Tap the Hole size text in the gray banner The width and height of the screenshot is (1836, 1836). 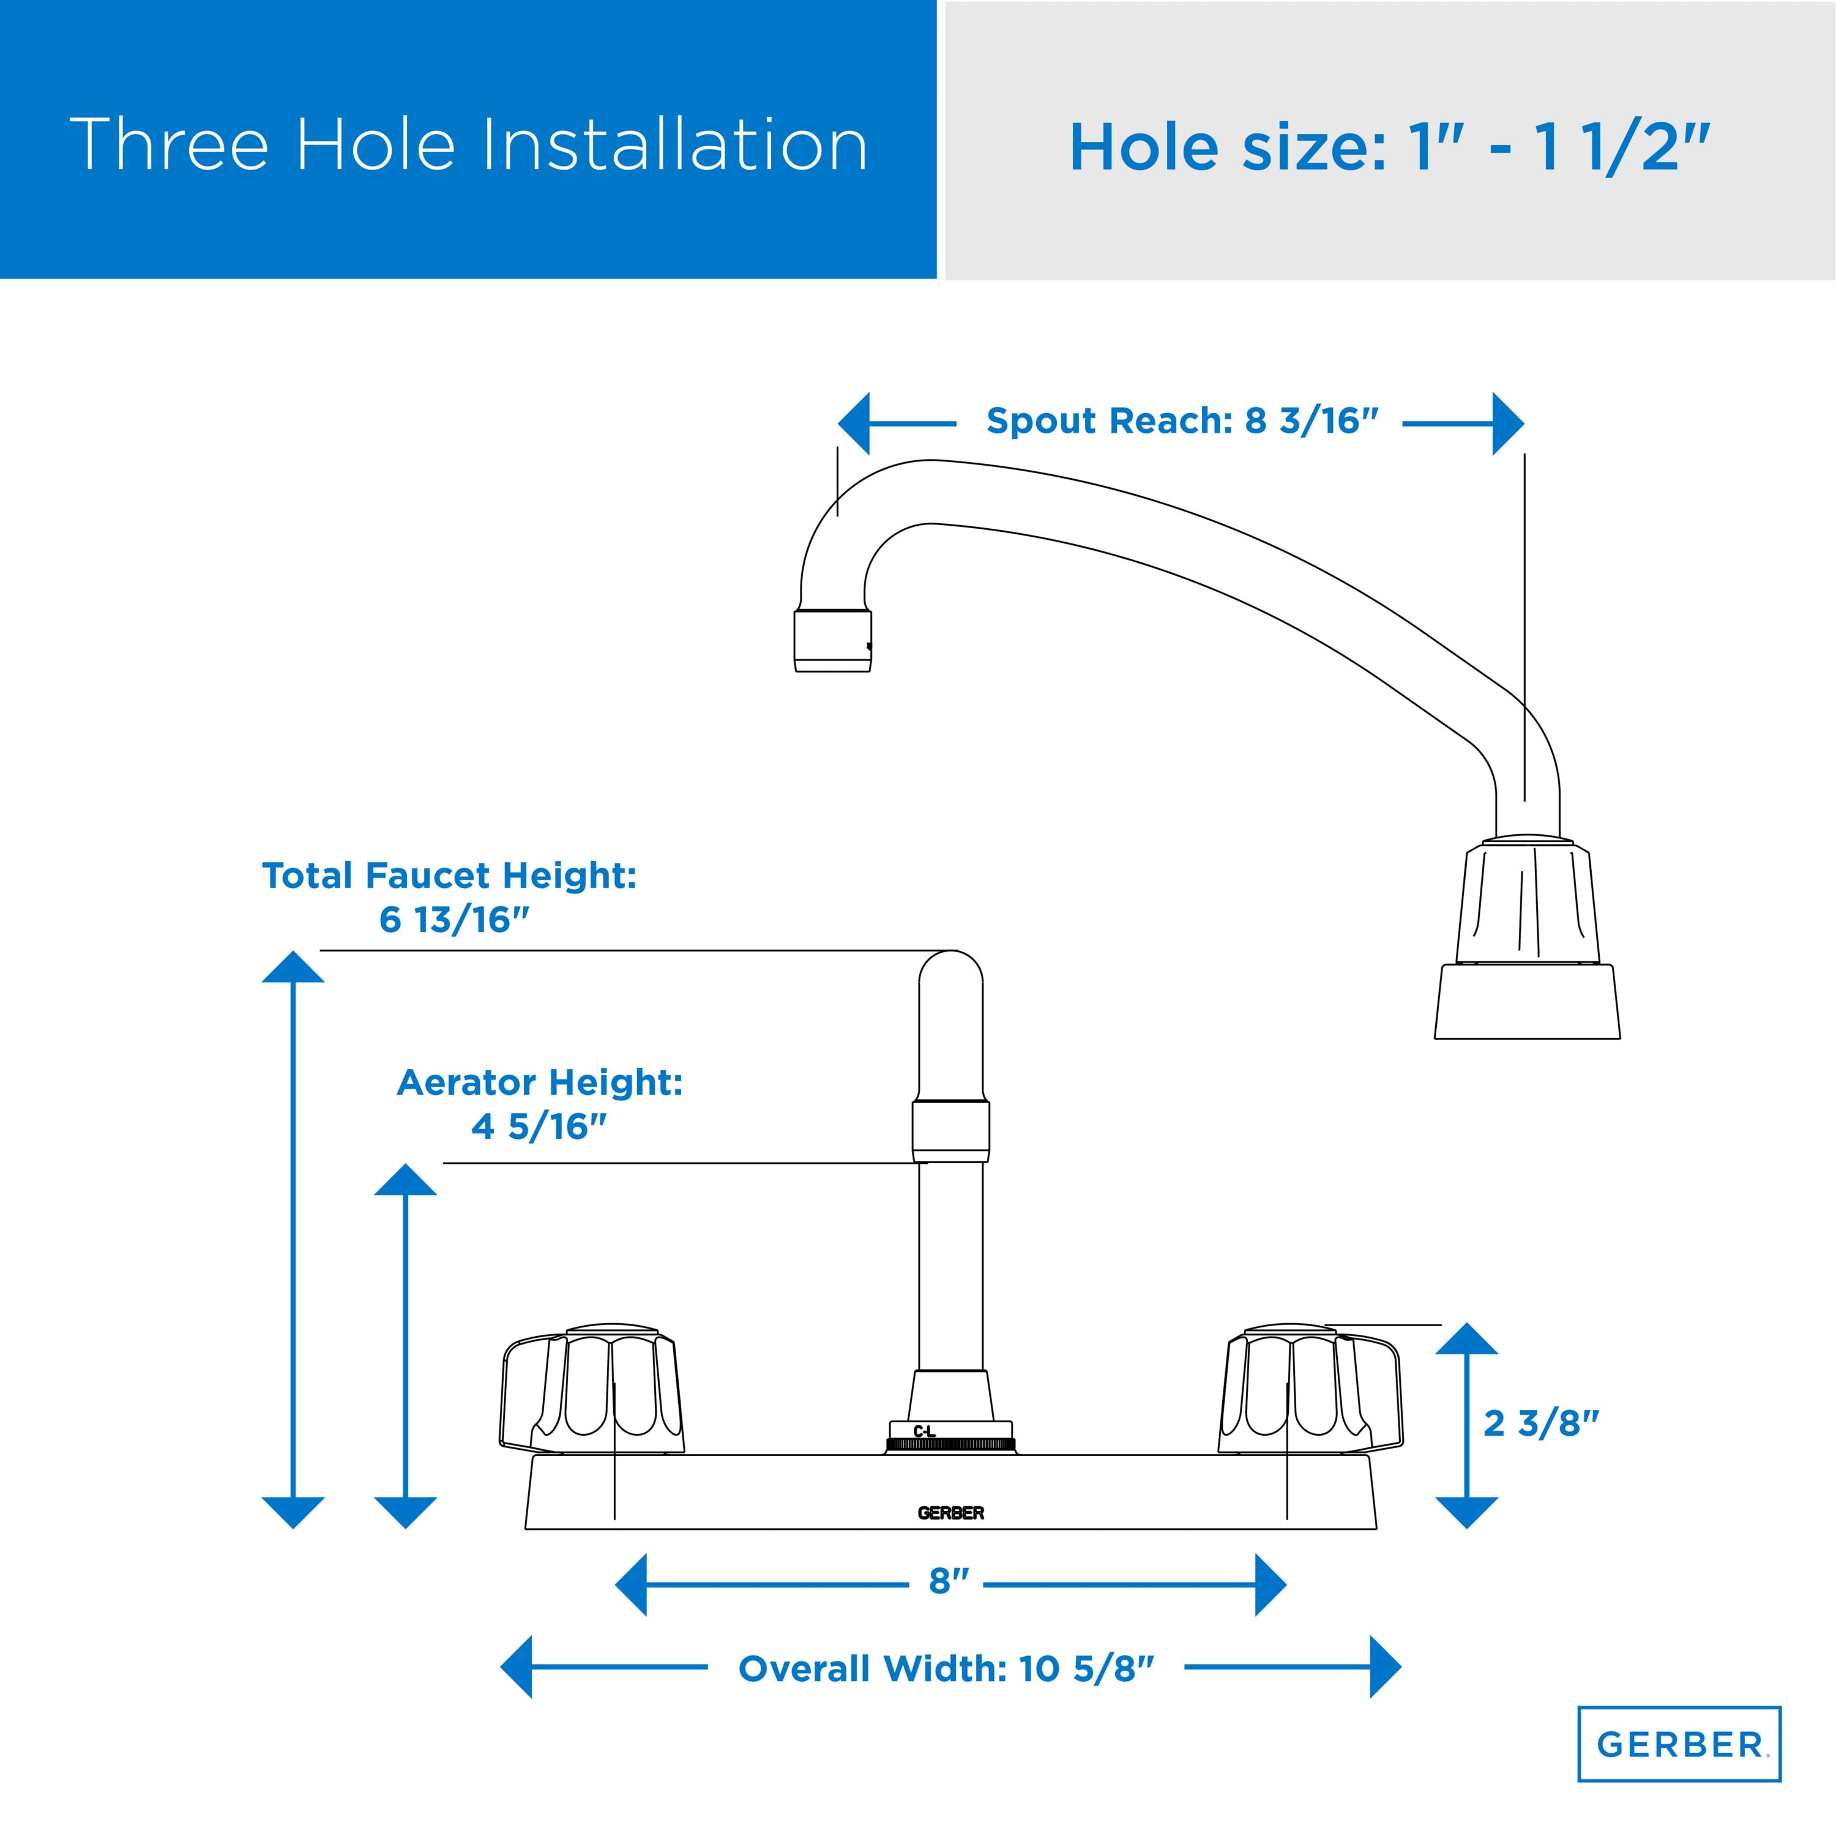click(x=1389, y=147)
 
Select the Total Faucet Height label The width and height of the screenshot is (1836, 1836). click(x=449, y=897)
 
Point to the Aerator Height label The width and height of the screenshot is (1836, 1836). click(x=540, y=1103)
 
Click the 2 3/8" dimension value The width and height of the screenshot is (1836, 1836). click(x=1542, y=1423)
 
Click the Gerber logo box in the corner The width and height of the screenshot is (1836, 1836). click(x=1679, y=1744)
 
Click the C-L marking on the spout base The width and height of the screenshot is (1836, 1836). click(x=924, y=1431)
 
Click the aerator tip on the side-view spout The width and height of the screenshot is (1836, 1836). click(x=832, y=641)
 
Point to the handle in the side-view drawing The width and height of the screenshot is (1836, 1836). click(x=1527, y=938)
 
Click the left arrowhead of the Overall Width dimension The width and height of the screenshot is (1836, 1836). click(x=516, y=1667)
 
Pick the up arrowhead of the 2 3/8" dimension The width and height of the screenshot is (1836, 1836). click(x=1466, y=1338)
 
